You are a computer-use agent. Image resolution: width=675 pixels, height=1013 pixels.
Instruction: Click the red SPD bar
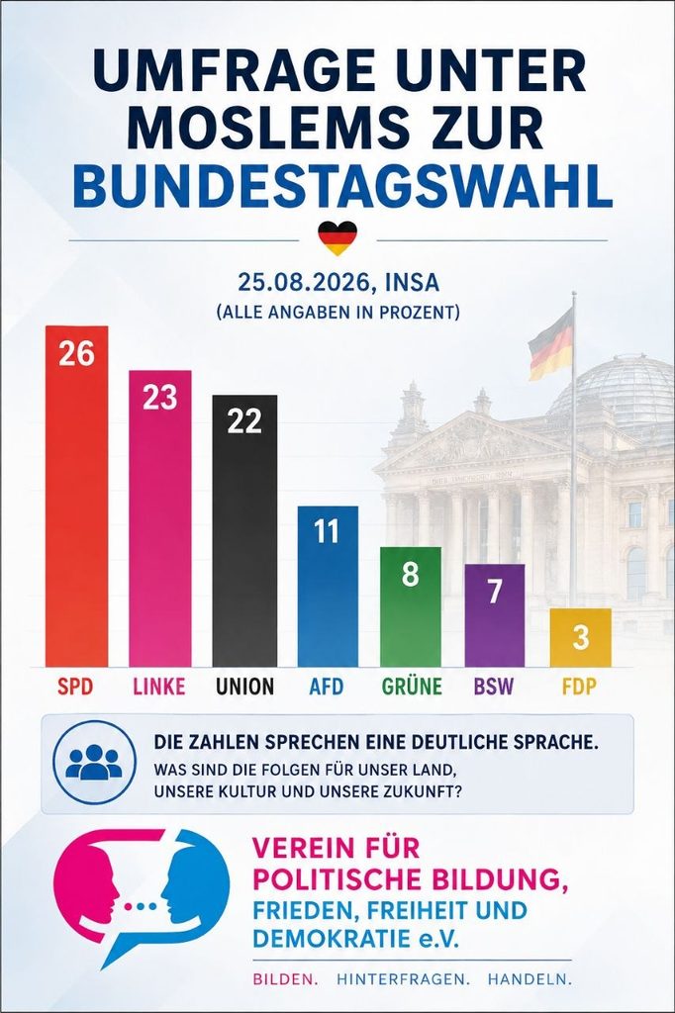tap(76, 497)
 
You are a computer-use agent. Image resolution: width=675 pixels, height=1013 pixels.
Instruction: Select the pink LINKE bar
tap(159, 518)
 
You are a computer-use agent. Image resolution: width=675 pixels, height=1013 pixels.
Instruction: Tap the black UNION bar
tap(244, 530)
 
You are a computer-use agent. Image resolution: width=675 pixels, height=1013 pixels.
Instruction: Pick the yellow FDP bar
tap(581, 638)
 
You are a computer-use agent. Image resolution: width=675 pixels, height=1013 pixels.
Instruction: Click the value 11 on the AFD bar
tap(327, 532)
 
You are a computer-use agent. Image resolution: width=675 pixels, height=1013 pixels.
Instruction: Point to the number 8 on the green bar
tap(410, 574)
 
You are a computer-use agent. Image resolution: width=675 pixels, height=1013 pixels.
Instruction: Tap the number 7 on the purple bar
tap(495, 592)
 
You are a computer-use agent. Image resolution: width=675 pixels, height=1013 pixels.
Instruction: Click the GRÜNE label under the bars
tap(412, 686)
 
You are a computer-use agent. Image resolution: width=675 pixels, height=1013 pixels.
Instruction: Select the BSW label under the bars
tap(493, 686)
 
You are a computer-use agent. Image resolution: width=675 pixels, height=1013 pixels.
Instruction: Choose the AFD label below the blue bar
tap(327, 686)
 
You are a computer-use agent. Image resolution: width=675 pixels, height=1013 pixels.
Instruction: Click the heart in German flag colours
tap(337, 237)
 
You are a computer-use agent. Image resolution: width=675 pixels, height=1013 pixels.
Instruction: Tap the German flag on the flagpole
tap(551, 343)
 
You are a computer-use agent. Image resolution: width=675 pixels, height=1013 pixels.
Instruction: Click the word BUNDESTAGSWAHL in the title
tap(342, 187)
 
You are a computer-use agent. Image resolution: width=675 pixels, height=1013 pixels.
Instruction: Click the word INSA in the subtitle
tap(411, 282)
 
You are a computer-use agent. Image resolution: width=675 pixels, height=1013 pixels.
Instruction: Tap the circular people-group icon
tap(94, 763)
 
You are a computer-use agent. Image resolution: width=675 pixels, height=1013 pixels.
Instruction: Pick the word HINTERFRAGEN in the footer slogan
tap(403, 979)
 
